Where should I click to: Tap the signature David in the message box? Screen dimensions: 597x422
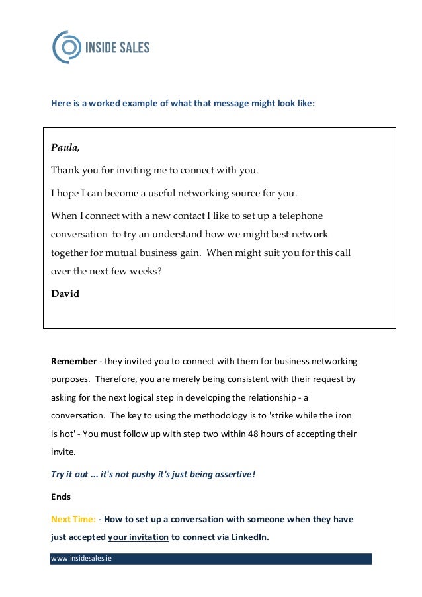65,294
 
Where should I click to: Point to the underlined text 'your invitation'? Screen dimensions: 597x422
138,537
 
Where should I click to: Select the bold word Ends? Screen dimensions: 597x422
61,495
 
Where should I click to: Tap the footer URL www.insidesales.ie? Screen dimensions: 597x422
81,559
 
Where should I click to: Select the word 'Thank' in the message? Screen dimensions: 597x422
65,171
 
